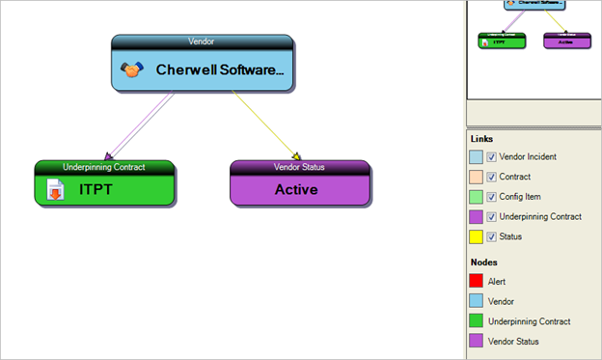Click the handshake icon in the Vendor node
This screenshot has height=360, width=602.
[132, 70]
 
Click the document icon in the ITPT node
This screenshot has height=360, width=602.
[57, 189]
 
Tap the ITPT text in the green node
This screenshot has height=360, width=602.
[96, 189]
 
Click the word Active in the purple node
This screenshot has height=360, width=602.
[296, 189]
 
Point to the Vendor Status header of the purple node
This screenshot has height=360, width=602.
[300, 167]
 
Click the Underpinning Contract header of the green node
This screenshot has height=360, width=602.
[103, 167]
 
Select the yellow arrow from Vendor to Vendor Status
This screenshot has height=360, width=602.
[266, 125]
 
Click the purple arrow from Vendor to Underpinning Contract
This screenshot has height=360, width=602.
[141, 125]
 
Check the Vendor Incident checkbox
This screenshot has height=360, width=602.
[492, 156]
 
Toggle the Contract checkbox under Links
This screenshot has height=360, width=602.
[492, 177]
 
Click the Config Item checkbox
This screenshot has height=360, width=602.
[492, 197]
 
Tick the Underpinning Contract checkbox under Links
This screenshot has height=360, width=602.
[492, 217]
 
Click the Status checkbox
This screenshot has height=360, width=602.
[492, 237]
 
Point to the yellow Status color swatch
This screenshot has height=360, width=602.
[476, 237]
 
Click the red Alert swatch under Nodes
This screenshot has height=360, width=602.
[476, 282]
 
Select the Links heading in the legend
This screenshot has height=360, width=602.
[480, 139]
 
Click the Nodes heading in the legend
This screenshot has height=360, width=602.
[483, 263]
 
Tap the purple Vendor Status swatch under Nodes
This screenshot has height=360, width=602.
[476, 342]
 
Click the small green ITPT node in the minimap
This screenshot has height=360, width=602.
[502, 42]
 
